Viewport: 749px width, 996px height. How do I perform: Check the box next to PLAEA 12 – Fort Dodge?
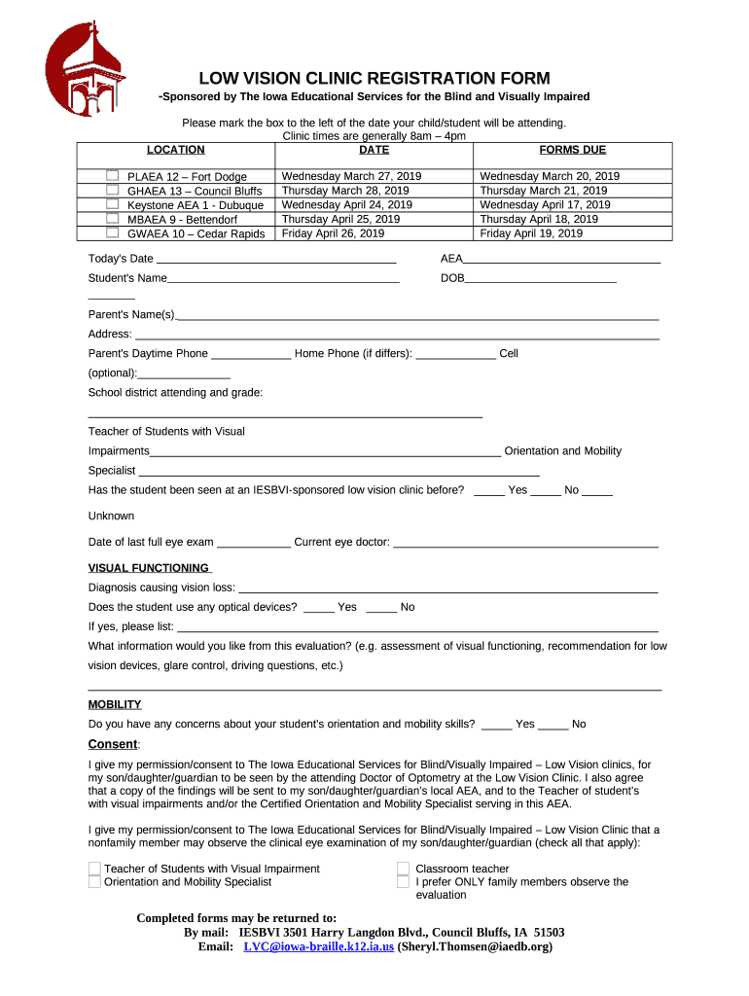[113, 175]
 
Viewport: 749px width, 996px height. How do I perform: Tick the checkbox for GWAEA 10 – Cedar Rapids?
[113, 232]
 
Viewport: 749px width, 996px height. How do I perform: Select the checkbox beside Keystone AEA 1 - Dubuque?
[113, 204]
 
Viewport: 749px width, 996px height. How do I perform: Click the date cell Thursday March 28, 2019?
[345, 191]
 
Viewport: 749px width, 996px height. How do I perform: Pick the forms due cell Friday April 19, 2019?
[531, 233]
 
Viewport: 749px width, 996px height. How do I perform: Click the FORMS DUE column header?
[572, 150]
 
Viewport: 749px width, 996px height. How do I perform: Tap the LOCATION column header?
[175, 150]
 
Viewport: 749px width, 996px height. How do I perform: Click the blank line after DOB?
[540, 280]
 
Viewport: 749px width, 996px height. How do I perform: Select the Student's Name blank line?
[283, 280]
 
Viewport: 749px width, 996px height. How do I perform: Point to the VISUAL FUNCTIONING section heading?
[150, 568]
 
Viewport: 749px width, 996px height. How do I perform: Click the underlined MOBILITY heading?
[115, 704]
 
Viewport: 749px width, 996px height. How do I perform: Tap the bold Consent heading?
[113, 745]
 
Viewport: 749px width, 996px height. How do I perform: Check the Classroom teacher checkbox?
[403, 869]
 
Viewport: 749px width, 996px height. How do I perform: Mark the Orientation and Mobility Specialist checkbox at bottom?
[94, 881]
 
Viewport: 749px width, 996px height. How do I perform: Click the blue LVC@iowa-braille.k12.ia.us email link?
[318, 946]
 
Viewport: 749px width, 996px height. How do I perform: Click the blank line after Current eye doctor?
[525, 544]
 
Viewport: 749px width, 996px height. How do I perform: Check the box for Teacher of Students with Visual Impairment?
[94, 869]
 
